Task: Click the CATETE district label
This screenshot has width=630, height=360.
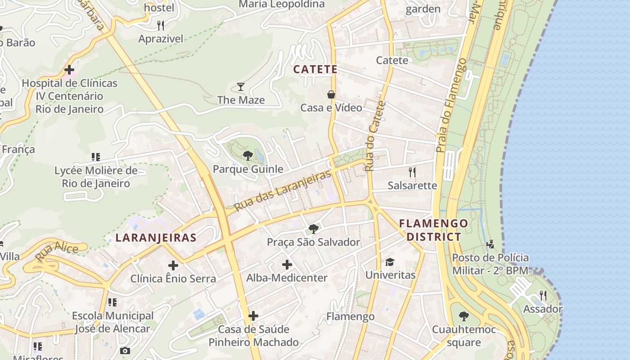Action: click(315, 69)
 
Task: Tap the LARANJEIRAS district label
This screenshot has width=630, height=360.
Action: click(156, 238)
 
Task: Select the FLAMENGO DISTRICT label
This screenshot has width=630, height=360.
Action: click(433, 230)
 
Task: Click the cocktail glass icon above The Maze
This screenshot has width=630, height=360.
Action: click(241, 86)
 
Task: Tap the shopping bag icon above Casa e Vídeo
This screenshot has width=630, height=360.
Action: click(331, 94)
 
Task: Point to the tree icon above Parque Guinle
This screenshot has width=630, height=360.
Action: click(247, 156)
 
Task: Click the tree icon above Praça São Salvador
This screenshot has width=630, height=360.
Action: click(314, 229)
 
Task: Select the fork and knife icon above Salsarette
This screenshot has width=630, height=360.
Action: click(412, 172)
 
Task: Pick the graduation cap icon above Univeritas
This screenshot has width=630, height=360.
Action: click(390, 262)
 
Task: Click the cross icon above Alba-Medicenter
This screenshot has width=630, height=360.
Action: click(287, 265)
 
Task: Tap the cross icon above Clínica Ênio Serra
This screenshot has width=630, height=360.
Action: click(173, 265)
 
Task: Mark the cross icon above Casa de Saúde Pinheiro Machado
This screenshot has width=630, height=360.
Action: click(253, 316)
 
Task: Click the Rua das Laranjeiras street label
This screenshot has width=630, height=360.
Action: click(283, 191)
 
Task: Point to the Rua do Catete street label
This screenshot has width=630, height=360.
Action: click(376, 136)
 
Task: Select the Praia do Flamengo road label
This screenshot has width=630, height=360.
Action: click(451, 104)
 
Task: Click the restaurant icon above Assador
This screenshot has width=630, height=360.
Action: click(543, 296)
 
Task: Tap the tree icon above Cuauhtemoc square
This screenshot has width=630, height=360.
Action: click(463, 316)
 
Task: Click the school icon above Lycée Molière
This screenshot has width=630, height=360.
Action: click(95, 157)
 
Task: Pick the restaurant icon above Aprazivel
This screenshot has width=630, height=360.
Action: click(161, 25)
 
